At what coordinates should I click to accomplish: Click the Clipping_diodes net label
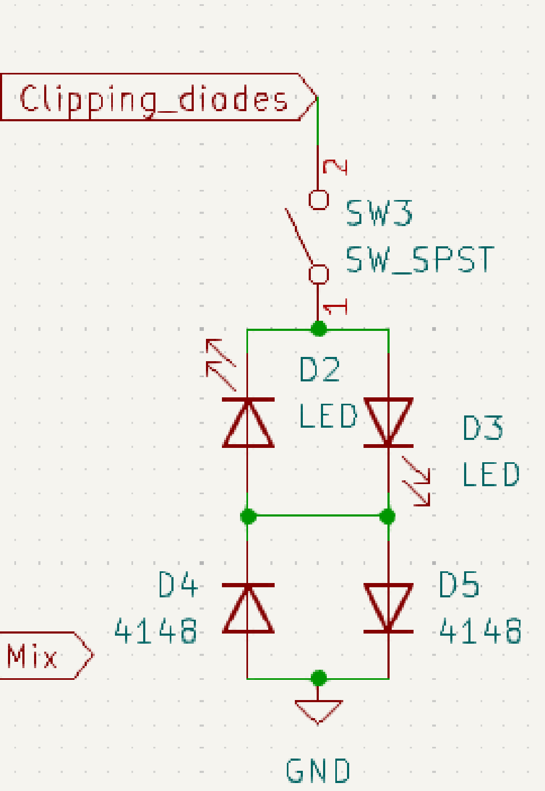coord(154,98)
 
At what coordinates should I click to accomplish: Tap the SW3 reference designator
coord(379,213)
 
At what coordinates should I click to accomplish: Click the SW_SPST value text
coord(419,260)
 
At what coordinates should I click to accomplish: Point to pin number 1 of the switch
coord(336,307)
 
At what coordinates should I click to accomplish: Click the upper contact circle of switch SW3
coord(319,199)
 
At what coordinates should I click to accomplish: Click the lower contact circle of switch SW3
coord(319,274)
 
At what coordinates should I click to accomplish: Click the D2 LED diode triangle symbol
coord(248,423)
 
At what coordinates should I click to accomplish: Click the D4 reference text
coord(178,585)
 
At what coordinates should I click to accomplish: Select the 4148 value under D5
coord(480,631)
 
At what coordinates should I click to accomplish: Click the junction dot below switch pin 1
coord(319,329)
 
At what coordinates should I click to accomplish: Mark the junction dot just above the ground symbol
coord(319,678)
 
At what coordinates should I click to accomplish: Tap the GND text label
coord(318,771)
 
